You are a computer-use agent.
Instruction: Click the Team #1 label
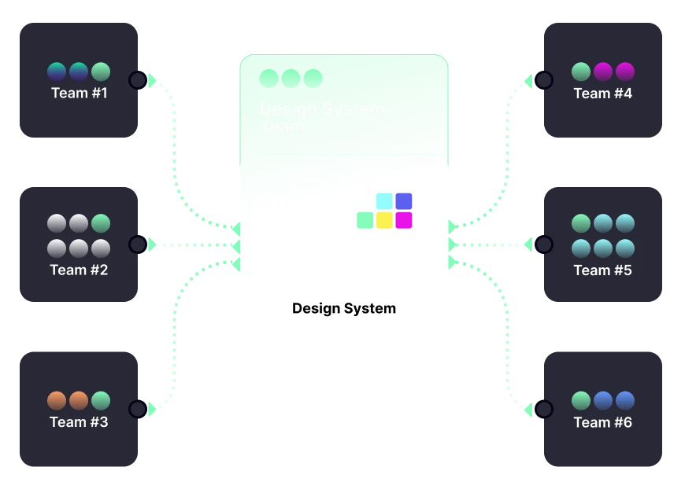(79, 94)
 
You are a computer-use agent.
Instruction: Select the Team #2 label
(79, 270)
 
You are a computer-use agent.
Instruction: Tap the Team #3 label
(79, 422)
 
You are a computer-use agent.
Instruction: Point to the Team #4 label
(602, 94)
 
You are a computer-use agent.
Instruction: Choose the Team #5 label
(602, 270)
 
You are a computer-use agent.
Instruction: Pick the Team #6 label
(602, 422)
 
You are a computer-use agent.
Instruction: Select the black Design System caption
(344, 308)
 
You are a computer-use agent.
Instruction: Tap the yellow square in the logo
(384, 220)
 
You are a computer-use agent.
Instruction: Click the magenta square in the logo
(404, 220)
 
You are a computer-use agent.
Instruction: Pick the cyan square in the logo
(384, 201)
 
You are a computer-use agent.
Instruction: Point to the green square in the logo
(365, 220)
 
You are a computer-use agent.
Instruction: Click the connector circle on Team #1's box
(137, 79)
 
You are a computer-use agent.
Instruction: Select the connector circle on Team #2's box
(137, 244)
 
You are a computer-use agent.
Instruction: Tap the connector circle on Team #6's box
(544, 409)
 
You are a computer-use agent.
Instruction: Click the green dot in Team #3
(100, 400)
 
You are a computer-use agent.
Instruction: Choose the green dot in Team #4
(580, 72)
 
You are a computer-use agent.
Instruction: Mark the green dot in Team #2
(100, 223)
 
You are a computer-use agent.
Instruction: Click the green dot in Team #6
(580, 400)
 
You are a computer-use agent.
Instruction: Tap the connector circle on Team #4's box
(544, 79)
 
